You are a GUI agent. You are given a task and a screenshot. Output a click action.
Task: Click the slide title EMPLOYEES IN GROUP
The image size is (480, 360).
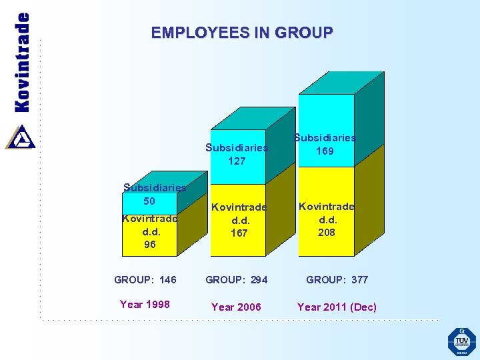pos(241,32)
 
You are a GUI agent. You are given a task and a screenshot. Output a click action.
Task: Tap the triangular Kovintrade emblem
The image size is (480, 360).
pos(20,136)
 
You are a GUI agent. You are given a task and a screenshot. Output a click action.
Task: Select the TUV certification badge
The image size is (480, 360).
pos(461,341)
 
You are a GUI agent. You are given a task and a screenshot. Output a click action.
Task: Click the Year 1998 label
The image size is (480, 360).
pos(145,305)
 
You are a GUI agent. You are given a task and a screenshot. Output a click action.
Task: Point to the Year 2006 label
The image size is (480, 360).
pos(236,307)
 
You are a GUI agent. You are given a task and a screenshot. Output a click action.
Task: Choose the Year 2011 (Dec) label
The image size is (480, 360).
pos(337,307)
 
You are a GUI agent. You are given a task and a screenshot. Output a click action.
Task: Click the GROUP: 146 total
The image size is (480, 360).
pos(145,279)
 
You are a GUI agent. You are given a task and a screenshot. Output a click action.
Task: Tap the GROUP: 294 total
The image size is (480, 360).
pos(236,279)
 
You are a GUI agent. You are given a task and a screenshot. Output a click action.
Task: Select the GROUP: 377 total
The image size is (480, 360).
pos(337,279)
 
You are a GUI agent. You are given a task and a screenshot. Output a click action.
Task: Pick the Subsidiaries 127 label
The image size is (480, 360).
pos(237,154)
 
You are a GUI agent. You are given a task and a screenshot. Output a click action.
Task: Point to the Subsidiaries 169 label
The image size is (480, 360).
pos(325,144)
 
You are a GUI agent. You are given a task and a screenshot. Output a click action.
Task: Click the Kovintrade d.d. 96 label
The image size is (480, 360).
pos(150,231)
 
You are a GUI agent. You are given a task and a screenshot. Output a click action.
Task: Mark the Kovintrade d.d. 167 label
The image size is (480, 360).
pos(239,220)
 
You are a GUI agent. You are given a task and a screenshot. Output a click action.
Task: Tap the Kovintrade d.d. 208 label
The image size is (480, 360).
pos(326,219)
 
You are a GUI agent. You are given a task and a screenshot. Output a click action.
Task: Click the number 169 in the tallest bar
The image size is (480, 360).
pos(325,151)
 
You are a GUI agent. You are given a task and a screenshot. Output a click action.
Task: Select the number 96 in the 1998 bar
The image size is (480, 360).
pos(150,245)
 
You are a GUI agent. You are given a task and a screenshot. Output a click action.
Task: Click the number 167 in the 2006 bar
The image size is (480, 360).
pos(239,233)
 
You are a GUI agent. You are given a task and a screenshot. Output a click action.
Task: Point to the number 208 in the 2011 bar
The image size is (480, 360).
pos(326,233)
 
